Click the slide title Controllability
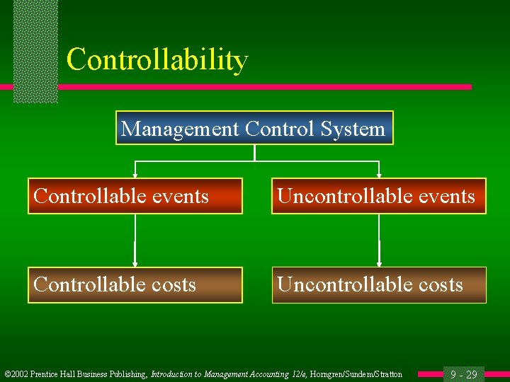coord(157,60)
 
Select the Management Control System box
coord(254,128)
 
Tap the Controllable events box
coord(135,196)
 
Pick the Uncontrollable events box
coord(379,196)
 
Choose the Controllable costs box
coord(135,284)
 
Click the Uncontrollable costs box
coord(379,284)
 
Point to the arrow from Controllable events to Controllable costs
coord(135,241)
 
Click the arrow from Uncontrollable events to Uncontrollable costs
coord(379,241)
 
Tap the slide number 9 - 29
coord(465,374)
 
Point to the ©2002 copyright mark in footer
coord(16,374)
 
